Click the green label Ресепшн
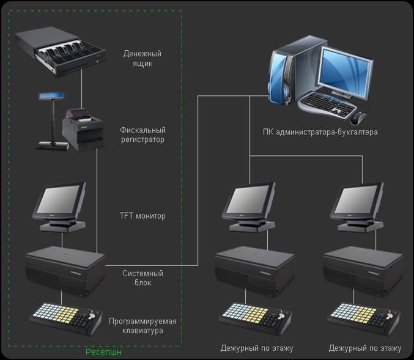pyautogui.click(x=103, y=352)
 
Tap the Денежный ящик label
pyautogui.click(x=142, y=58)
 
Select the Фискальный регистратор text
pyautogui.click(x=143, y=134)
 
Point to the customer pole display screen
pyautogui.click(x=51, y=95)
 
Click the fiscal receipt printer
pyautogui.click(x=83, y=130)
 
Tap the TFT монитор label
pyautogui.click(x=142, y=216)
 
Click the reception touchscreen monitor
pyautogui.click(x=60, y=207)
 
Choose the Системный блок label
pyautogui.click(x=143, y=277)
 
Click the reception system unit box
pyautogui.click(x=65, y=271)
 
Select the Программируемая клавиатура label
pyautogui.click(x=142, y=326)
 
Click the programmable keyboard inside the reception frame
pyautogui.click(x=65, y=318)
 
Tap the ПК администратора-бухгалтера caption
pyautogui.click(x=320, y=132)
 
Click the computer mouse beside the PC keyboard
pyautogui.click(x=358, y=118)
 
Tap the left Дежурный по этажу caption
pyautogui.click(x=257, y=348)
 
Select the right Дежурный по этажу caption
pyautogui.click(x=365, y=348)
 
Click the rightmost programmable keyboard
pyautogui.click(x=364, y=318)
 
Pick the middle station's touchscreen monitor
pyautogui.click(x=250, y=207)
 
